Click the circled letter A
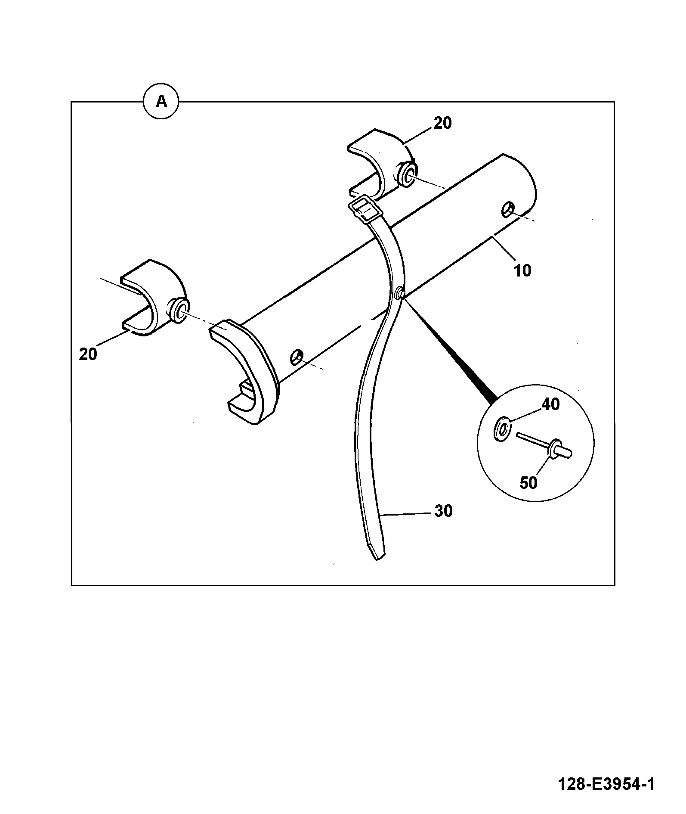[x=161, y=102]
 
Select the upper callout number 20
[x=442, y=123]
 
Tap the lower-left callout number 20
[x=88, y=354]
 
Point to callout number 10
[x=522, y=270]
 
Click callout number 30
[x=443, y=511]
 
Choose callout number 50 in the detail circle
[x=528, y=483]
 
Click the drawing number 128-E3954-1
[x=606, y=783]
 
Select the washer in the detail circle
[x=502, y=429]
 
